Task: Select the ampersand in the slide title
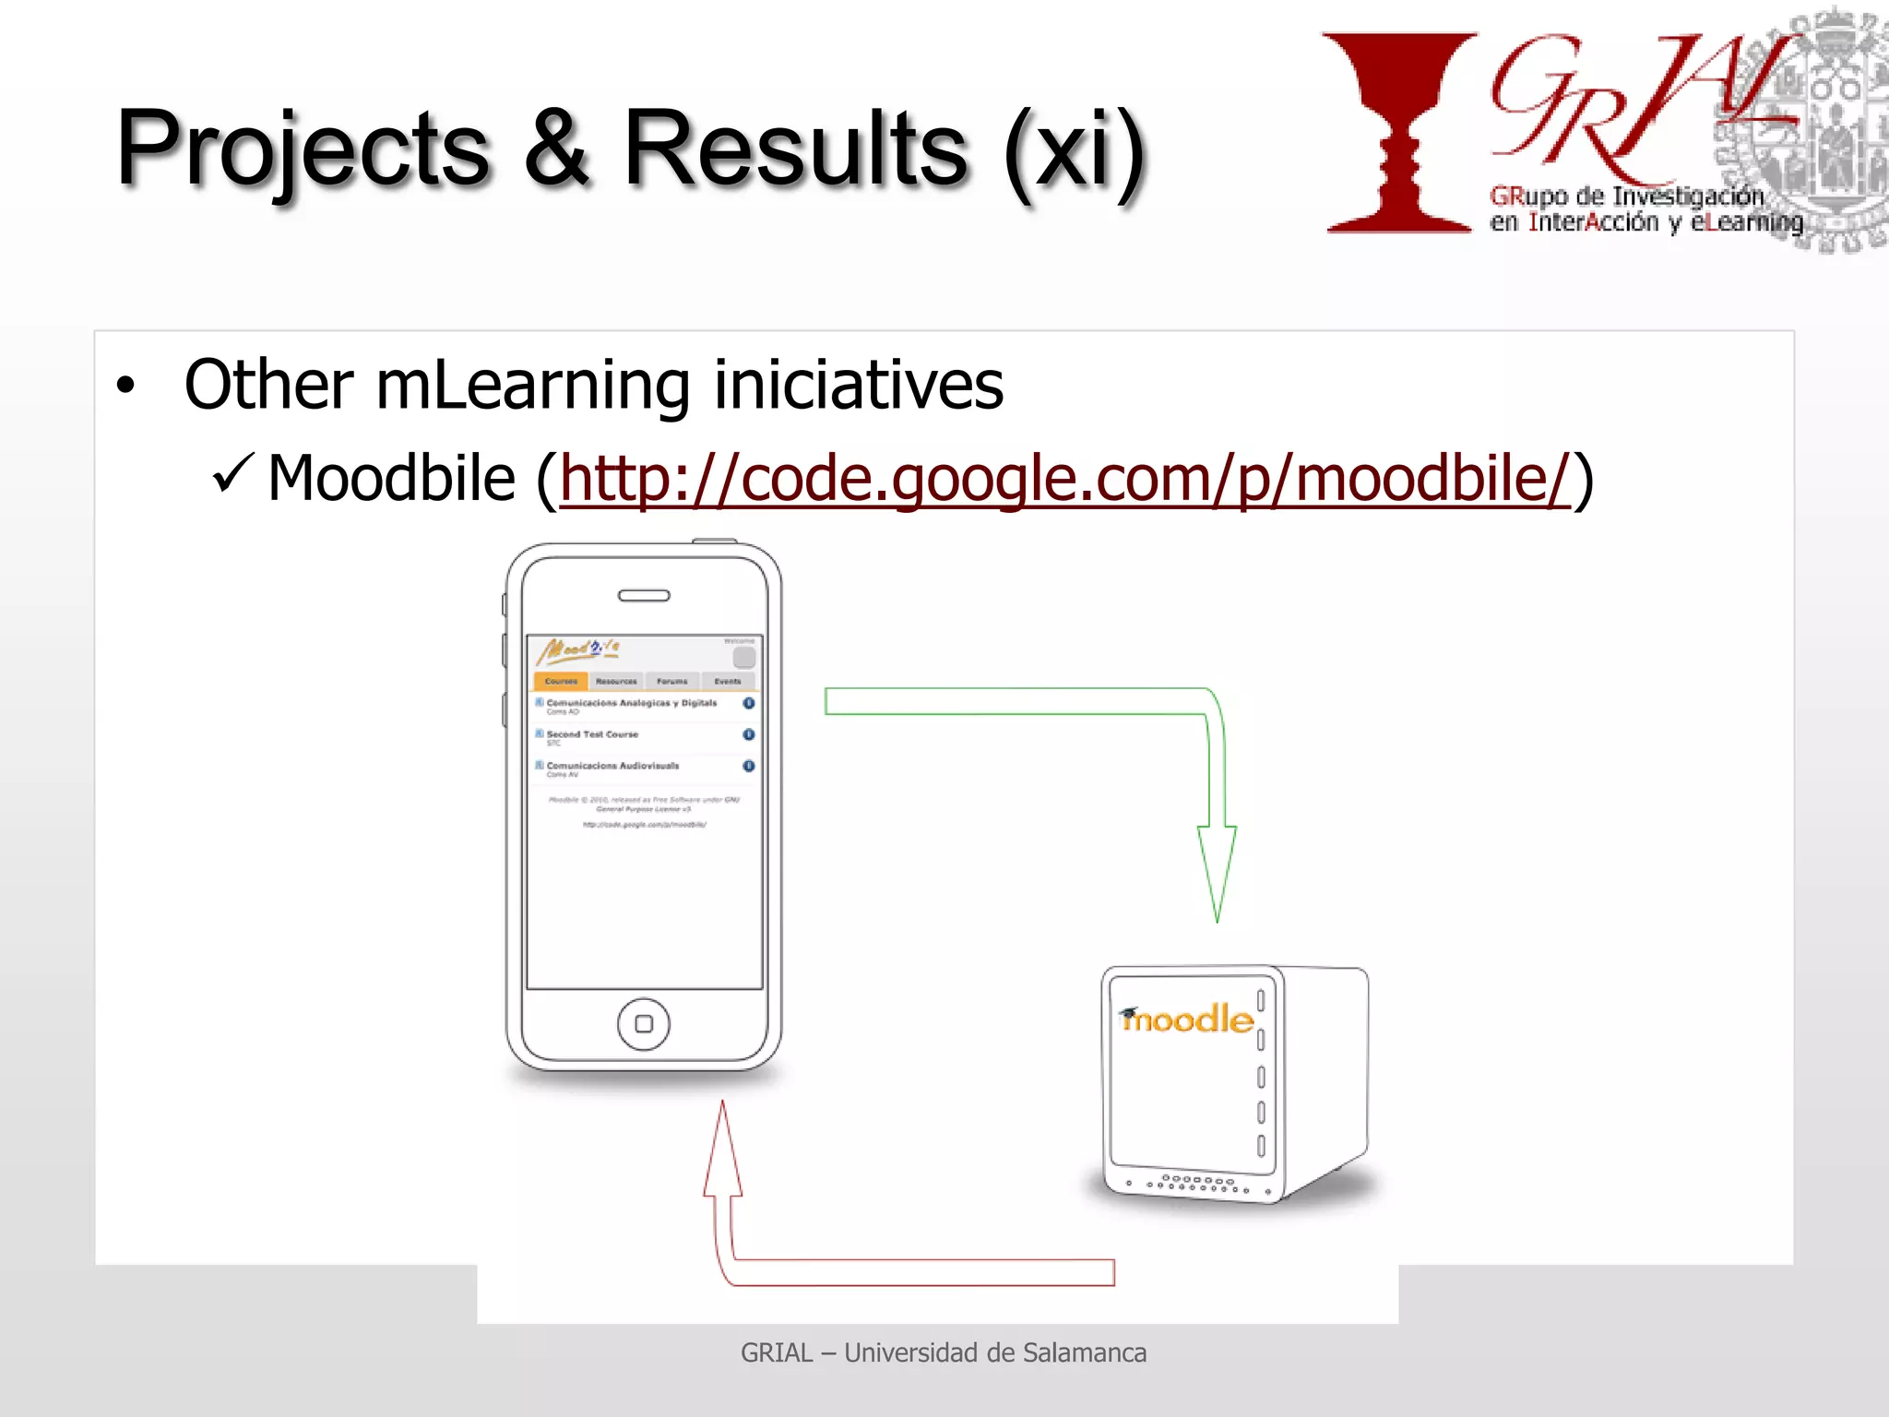click(x=556, y=148)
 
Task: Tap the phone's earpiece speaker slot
click(x=644, y=596)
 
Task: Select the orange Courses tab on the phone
click(x=561, y=681)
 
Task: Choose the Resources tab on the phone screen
click(x=616, y=681)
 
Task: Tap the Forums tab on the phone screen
click(x=672, y=681)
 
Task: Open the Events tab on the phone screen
click(x=728, y=681)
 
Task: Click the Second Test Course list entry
click(x=592, y=735)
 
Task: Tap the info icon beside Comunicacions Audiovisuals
click(x=748, y=766)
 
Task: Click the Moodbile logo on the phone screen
click(x=579, y=650)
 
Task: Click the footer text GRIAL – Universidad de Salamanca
click(x=944, y=1352)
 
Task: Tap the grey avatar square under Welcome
click(x=743, y=658)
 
